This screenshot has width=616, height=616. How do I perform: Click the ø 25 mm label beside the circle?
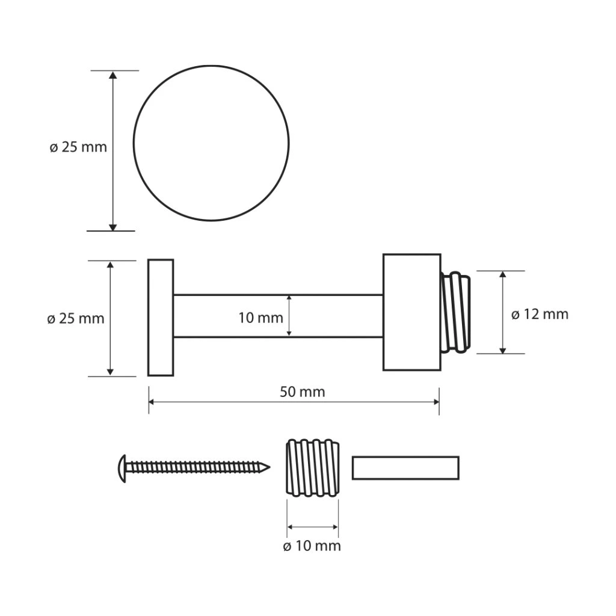pos(78,147)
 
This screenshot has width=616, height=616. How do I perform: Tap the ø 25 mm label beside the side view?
pos(75,319)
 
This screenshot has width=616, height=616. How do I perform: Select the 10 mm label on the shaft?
pos(261,318)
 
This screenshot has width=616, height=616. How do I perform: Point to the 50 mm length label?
pos(303,392)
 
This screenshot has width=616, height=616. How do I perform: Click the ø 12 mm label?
pos(540,314)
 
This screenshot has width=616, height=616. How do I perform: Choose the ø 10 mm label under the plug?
pos(312,546)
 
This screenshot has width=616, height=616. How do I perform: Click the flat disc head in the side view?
pos(161,318)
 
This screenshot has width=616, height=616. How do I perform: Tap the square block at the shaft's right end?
pos(411,312)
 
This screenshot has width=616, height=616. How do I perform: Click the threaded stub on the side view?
pos(456,312)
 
